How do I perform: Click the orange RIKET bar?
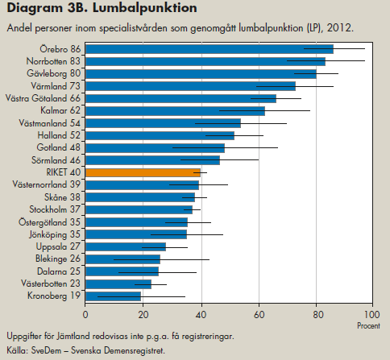(x=143, y=172)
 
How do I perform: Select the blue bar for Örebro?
(x=210, y=49)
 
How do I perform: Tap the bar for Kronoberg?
(x=113, y=296)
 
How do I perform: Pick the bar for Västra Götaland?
(x=180, y=98)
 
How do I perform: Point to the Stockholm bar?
(x=139, y=209)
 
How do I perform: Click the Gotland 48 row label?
(x=59, y=147)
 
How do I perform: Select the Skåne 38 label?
(x=62, y=197)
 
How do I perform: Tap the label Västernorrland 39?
(x=47, y=184)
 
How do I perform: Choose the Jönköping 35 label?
(x=55, y=234)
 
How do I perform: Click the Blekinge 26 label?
(x=58, y=259)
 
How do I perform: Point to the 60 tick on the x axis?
(x=259, y=314)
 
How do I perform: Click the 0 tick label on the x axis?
(x=85, y=314)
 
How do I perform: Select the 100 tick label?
(x=372, y=314)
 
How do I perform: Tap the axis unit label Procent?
(x=368, y=326)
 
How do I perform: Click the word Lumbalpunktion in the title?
(x=145, y=8)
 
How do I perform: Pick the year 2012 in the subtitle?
(x=340, y=28)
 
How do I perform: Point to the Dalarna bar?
(x=122, y=271)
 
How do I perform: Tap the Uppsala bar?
(x=126, y=246)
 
